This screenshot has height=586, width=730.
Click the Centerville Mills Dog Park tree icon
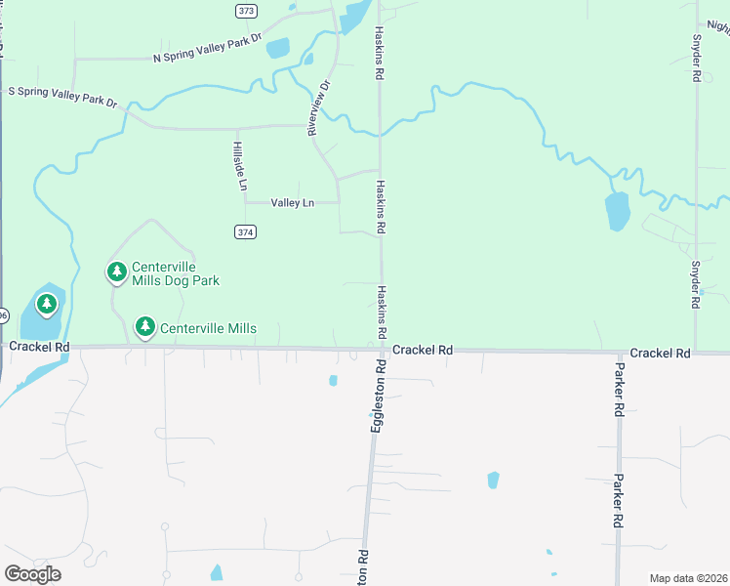tap(117, 272)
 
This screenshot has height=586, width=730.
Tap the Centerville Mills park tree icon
tap(145, 327)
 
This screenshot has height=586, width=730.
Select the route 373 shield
tap(246, 11)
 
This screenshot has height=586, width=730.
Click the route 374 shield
tap(246, 231)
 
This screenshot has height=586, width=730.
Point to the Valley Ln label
tap(293, 203)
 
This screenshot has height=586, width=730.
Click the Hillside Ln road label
tap(239, 165)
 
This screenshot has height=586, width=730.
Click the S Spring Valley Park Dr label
tap(62, 96)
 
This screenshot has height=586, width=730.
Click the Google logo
tap(32, 574)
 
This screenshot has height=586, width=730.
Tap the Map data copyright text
tap(687, 578)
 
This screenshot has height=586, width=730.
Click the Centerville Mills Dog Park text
tap(176, 273)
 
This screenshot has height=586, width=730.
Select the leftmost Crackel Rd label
tap(39, 347)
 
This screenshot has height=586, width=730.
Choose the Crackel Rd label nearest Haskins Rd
tap(424, 350)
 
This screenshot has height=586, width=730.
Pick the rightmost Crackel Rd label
tap(660, 353)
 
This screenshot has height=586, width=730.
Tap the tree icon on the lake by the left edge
tap(46, 305)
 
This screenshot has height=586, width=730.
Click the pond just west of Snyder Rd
tap(617, 211)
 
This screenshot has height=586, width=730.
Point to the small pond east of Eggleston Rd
tap(493, 480)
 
